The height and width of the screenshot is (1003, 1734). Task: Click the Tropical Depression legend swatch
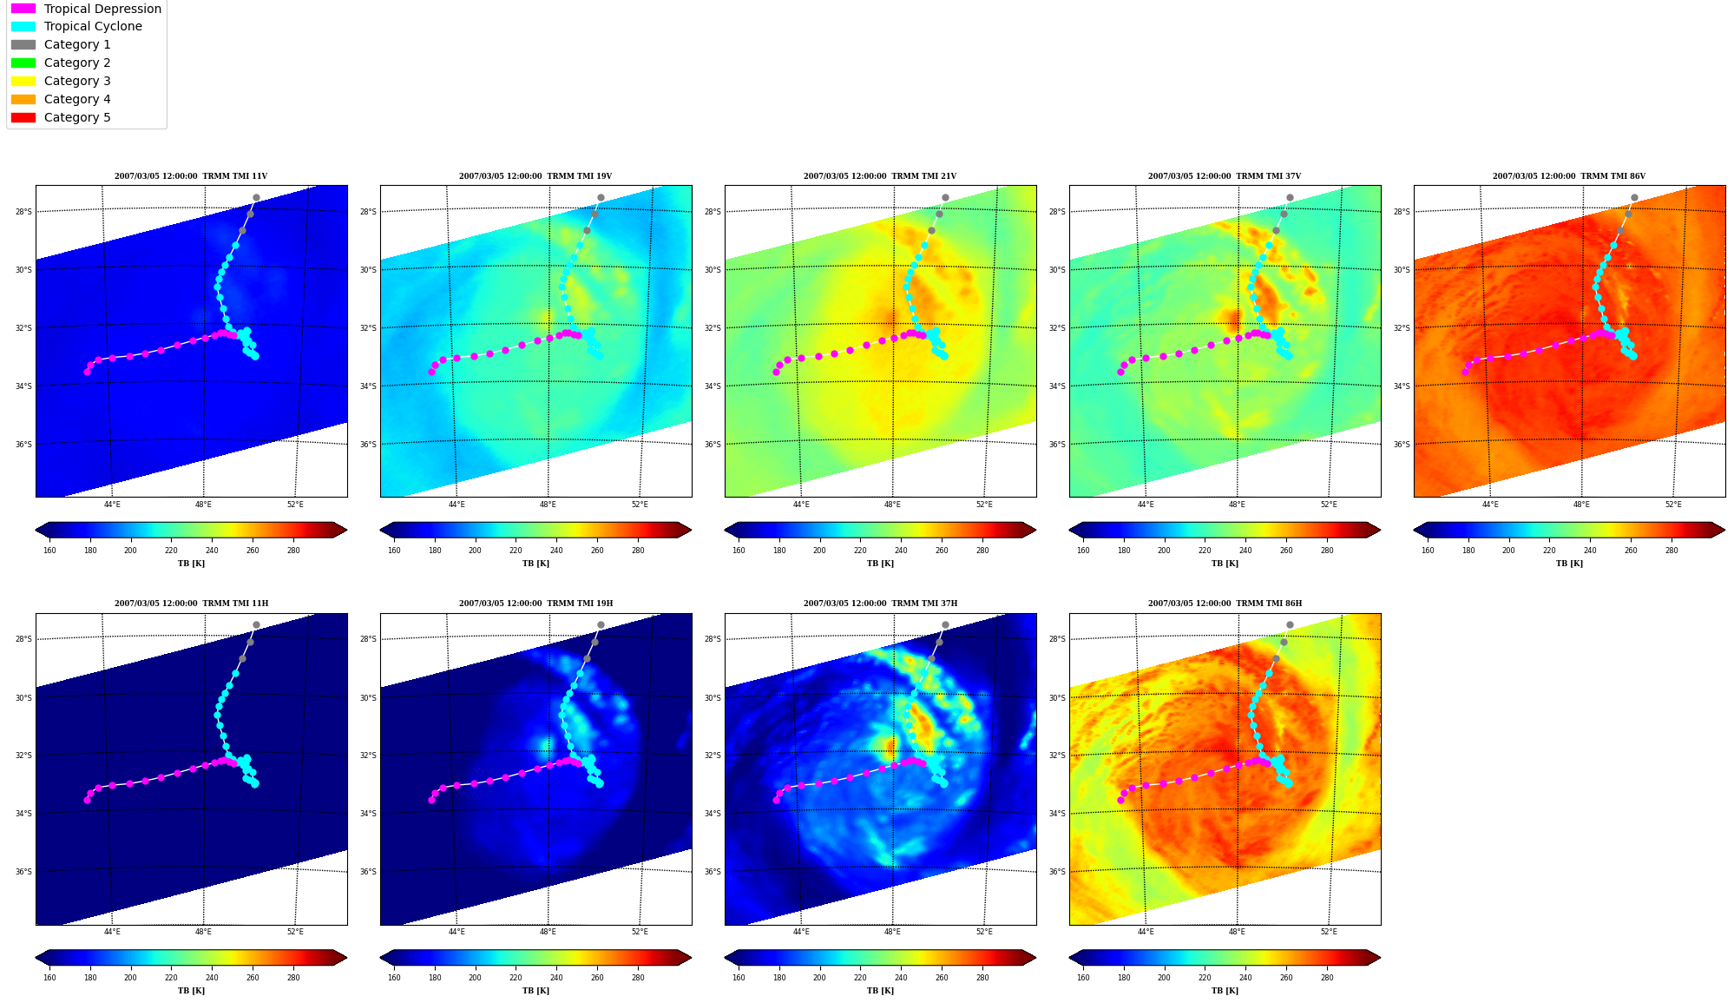point(23,9)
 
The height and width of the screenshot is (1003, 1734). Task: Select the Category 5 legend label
point(77,117)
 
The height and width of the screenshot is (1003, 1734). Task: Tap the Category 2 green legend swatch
point(23,63)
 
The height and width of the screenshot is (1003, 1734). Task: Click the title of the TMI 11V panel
point(191,176)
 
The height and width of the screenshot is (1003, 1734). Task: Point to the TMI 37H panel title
point(880,604)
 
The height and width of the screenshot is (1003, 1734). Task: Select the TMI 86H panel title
point(1225,604)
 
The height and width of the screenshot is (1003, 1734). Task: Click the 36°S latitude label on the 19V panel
point(368,445)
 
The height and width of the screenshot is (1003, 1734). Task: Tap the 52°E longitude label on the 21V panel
point(984,505)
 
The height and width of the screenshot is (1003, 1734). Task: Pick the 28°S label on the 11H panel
point(23,639)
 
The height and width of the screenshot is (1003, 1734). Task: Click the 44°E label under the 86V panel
point(1490,505)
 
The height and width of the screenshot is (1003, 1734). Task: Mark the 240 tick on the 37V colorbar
point(1245,551)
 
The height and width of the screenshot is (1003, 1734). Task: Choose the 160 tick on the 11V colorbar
point(49,551)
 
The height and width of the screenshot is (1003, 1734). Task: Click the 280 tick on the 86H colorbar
point(1327,978)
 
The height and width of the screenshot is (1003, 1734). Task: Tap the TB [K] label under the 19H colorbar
point(535,991)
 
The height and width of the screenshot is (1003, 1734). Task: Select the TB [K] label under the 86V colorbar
point(1569,564)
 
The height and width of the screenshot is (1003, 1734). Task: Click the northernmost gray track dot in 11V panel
point(256,197)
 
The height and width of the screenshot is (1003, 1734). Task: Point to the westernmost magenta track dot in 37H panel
point(776,800)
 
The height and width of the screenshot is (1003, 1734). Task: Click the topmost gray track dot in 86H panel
point(1290,624)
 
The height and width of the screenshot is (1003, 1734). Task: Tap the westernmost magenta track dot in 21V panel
point(776,372)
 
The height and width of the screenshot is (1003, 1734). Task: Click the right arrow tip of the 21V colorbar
point(1035,530)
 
